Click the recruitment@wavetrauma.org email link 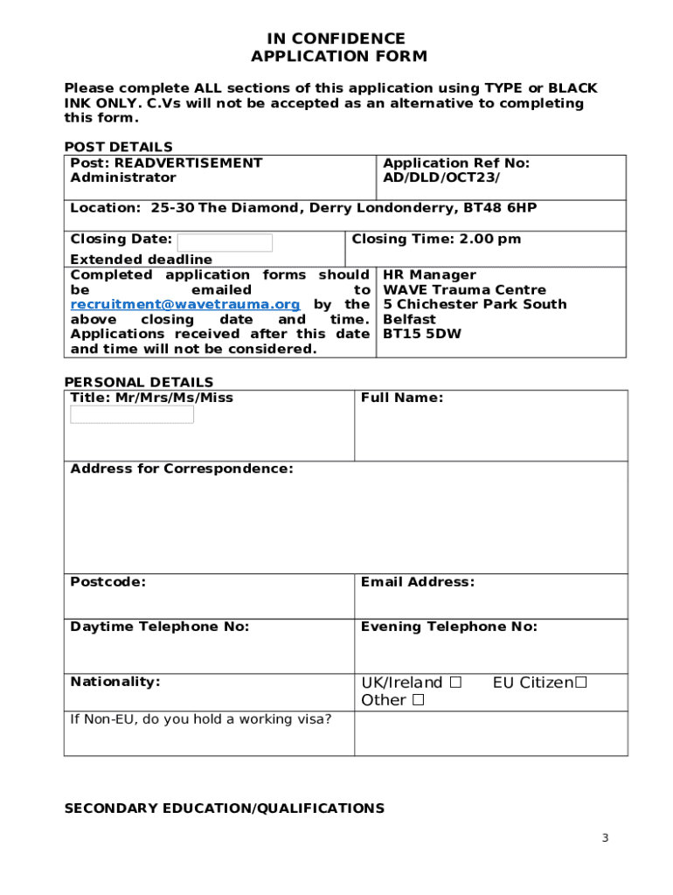point(185,304)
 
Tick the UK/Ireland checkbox point(455,682)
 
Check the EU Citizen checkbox point(580,682)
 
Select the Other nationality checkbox point(419,700)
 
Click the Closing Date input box point(225,242)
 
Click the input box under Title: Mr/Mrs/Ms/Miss point(132,414)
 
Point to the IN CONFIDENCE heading point(337,38)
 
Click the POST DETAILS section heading point(119,147)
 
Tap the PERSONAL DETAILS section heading point(139,382)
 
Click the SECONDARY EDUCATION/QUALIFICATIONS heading point(225,808)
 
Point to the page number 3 point(604,839)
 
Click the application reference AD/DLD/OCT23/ point(442,177)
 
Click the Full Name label point(402,398)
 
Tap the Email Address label point(418,582)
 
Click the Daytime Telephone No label point(160,627)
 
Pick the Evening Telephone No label point(449,627)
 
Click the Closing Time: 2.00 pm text point(436,239)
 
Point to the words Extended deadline point(141,260)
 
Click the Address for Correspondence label point(182,469)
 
